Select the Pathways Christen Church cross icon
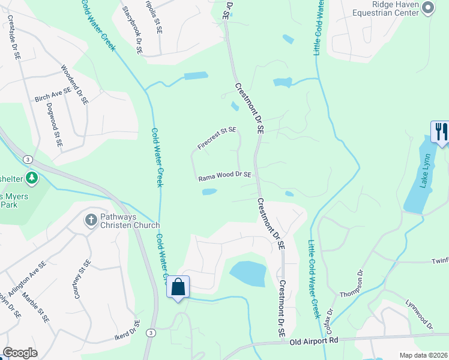[91, 220]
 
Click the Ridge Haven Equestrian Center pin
[427, 7]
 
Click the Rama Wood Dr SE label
[224, 176]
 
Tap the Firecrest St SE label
[217, 138]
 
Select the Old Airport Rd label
[314, 341]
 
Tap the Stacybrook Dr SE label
[131, 31]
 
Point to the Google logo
[20, 353]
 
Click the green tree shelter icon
[32, 178]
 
